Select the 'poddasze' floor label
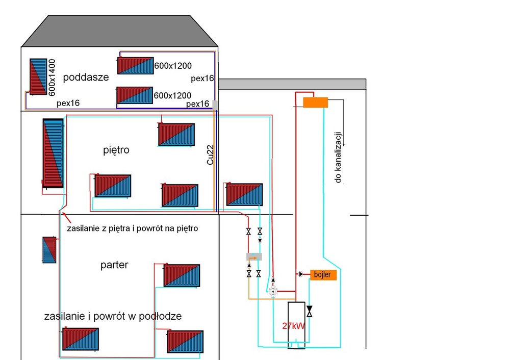click(86, 78)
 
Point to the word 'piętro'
click(116, 150)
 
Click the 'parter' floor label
click(114, 265)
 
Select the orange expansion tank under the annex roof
click(315, 102)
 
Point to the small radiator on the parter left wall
click(49, 249)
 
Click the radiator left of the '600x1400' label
click(37, 76)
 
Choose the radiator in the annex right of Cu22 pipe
click(244, 194)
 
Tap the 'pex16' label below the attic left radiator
click(68, 103)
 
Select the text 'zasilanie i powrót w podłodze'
click(113, 316)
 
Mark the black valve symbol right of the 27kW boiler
click(309, 311)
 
